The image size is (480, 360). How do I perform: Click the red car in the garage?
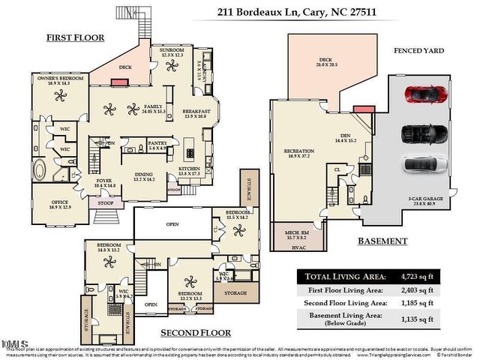tap(425, 95)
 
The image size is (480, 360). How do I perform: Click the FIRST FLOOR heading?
tap(75, 37)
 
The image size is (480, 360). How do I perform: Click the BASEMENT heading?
tap(382, 241)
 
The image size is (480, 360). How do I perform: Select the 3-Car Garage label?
tap(426, 199)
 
